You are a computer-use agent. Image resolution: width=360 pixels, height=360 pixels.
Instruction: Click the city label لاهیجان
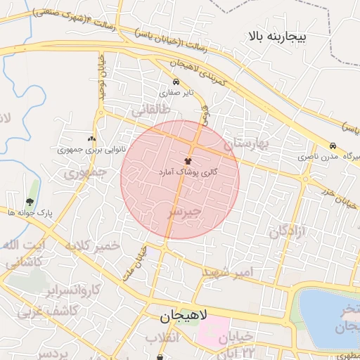pos(179,317)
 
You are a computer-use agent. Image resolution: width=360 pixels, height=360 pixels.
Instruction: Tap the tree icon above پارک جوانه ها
pos(29,202)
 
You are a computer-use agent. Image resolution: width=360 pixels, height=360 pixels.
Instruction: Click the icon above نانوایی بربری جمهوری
pos(91,139)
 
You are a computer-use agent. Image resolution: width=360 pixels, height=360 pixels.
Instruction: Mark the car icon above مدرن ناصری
pos(333,146)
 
